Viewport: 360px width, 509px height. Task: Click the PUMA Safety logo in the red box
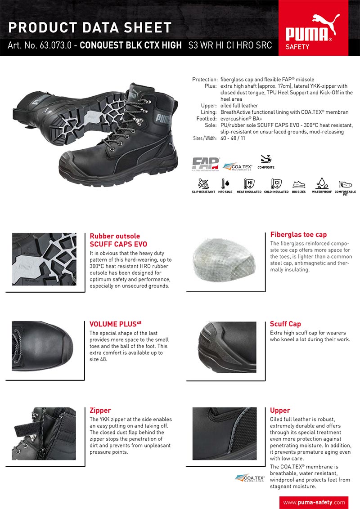(313, 31)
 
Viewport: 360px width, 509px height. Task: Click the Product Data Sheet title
(90, 27)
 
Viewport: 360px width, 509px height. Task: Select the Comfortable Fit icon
(345, 184)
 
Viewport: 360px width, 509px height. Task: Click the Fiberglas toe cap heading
(298, 235)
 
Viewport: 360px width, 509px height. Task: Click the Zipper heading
(100, 411)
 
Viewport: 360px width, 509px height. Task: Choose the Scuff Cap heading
(285, 324)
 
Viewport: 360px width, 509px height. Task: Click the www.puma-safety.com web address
(314, 502)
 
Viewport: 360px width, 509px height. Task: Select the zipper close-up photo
(44, 433)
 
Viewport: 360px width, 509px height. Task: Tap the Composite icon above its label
(265, 159)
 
